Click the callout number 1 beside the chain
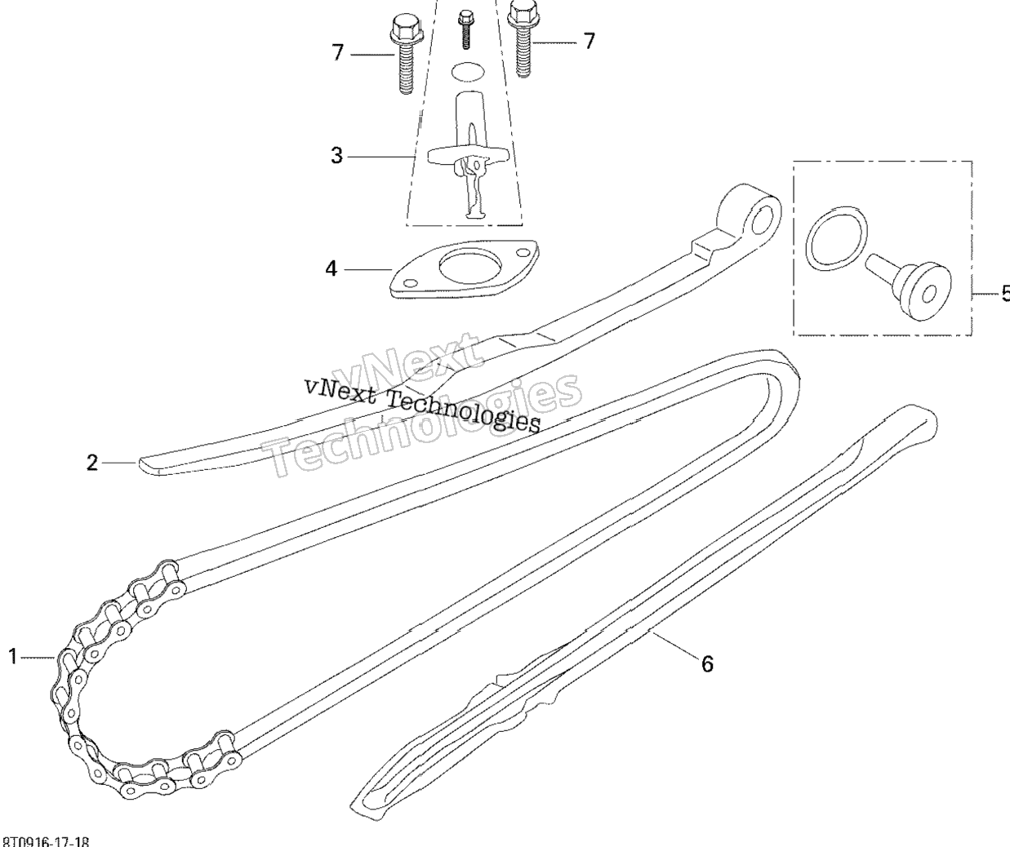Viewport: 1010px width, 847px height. pyautogui.click(x=13, y=655)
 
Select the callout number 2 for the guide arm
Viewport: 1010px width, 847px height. pyautogui.click(x=93, y=463)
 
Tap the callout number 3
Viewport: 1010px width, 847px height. pyautogui.click(x=336, y=155)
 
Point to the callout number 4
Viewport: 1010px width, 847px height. pyautogui.click(x=331, y=268)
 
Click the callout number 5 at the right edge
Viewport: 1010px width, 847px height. pyautogui.click(x=1004, y=292)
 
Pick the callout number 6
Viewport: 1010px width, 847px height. pyautogui.click(x=707, y=664)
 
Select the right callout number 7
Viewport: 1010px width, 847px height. pyautogui.click(x=590, y=40)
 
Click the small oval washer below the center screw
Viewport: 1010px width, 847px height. pyautogui.click(x=466, y=72)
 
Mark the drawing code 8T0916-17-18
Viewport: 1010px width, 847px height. pyautogui.click(x=47, y=840)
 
